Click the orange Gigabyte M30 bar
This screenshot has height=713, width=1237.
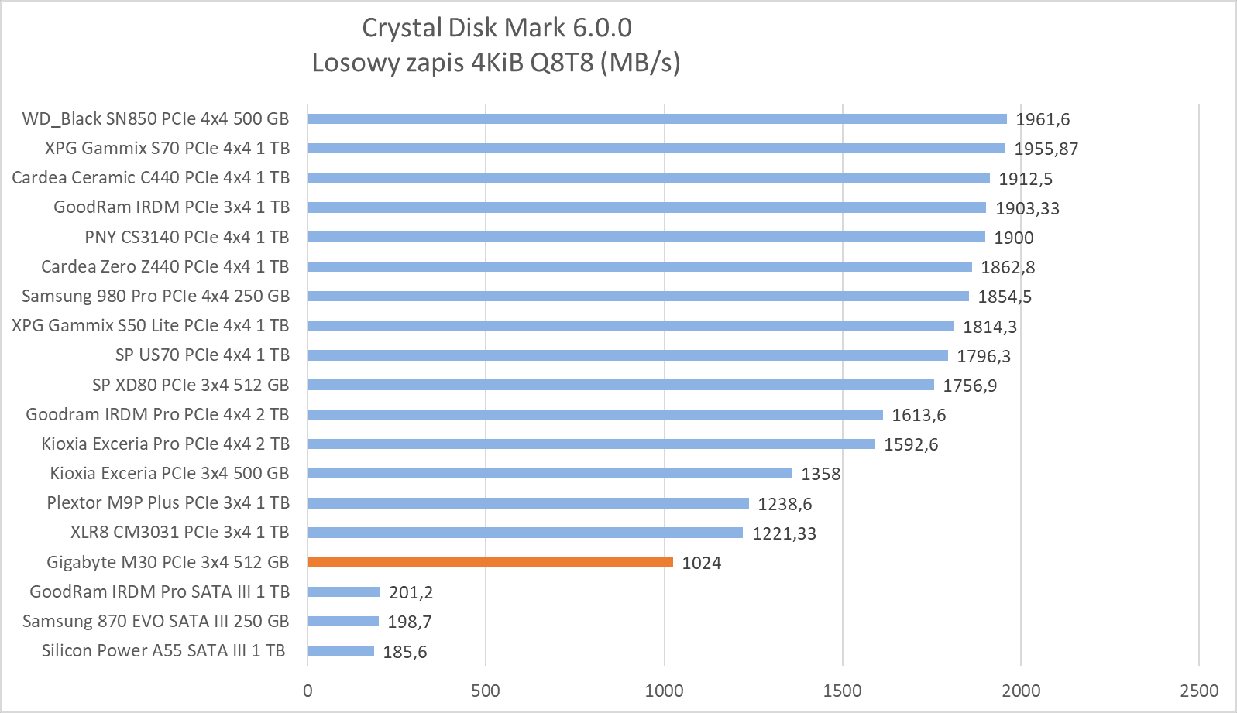click(490, 562)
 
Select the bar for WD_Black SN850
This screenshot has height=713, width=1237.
click(657, 118)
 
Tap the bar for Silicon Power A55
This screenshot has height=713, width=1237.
click(341, 651)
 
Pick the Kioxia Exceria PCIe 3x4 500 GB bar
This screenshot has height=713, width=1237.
click(549, 473)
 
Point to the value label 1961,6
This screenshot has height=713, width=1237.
click(1043, 119)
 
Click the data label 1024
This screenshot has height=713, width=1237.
click(701, 563)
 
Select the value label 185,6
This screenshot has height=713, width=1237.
click(404, 652)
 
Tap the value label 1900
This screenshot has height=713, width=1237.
click(1013, 238)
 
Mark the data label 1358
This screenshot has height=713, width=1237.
click(820, 474)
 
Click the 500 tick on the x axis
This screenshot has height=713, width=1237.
click(486, 691)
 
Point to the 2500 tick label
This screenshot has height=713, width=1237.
click(1198, 691)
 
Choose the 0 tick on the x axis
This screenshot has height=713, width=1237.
click(308, 691)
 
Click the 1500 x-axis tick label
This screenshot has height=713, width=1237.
click(842, 691)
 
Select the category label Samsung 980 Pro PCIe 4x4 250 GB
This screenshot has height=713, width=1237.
click(155, 296)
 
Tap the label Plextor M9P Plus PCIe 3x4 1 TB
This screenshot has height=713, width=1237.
click(168, 502)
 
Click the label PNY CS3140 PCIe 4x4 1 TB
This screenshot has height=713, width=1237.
click(187, 237)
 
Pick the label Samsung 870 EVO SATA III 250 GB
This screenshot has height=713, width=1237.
click(155, 621)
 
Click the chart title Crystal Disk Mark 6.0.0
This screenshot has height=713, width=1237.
click(497, 28)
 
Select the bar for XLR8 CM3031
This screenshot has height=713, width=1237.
click(525, 533)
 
